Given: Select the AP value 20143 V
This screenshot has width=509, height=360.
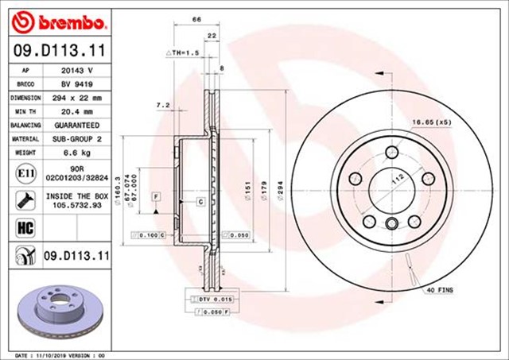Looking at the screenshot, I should click(x=78, y=70).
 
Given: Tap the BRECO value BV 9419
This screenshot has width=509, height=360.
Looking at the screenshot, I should click(x=78, y=83).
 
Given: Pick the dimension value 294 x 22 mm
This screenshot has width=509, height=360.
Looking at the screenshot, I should click(x=78, y=98).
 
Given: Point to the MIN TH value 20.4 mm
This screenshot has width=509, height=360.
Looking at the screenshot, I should click(x=78, y=111).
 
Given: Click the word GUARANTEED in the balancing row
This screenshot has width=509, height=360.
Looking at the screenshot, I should click(x=78, y=126).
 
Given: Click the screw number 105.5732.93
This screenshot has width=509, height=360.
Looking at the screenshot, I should click(x=78, y=203).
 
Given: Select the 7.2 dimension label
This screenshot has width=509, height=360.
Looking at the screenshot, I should click(x=164, y=104).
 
